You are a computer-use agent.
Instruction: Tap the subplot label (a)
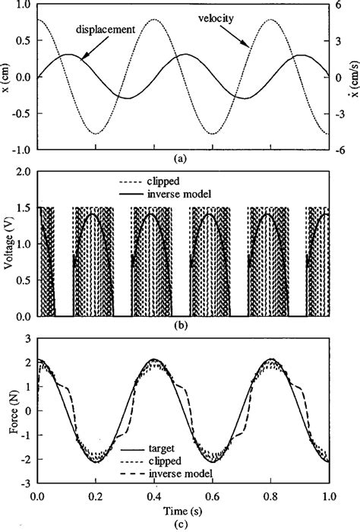180,160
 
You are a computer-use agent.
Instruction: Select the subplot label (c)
180,524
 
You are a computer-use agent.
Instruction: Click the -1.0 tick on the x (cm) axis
22,150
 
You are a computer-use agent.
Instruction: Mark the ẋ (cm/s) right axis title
354,77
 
